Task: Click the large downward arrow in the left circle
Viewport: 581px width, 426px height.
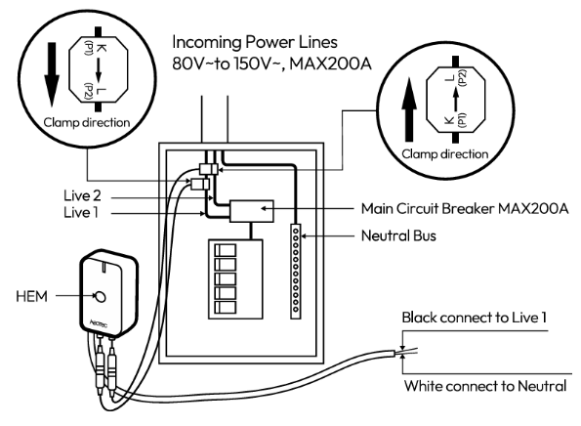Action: coord(52,76)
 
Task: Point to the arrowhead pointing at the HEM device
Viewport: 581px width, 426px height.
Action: coord(79,292)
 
